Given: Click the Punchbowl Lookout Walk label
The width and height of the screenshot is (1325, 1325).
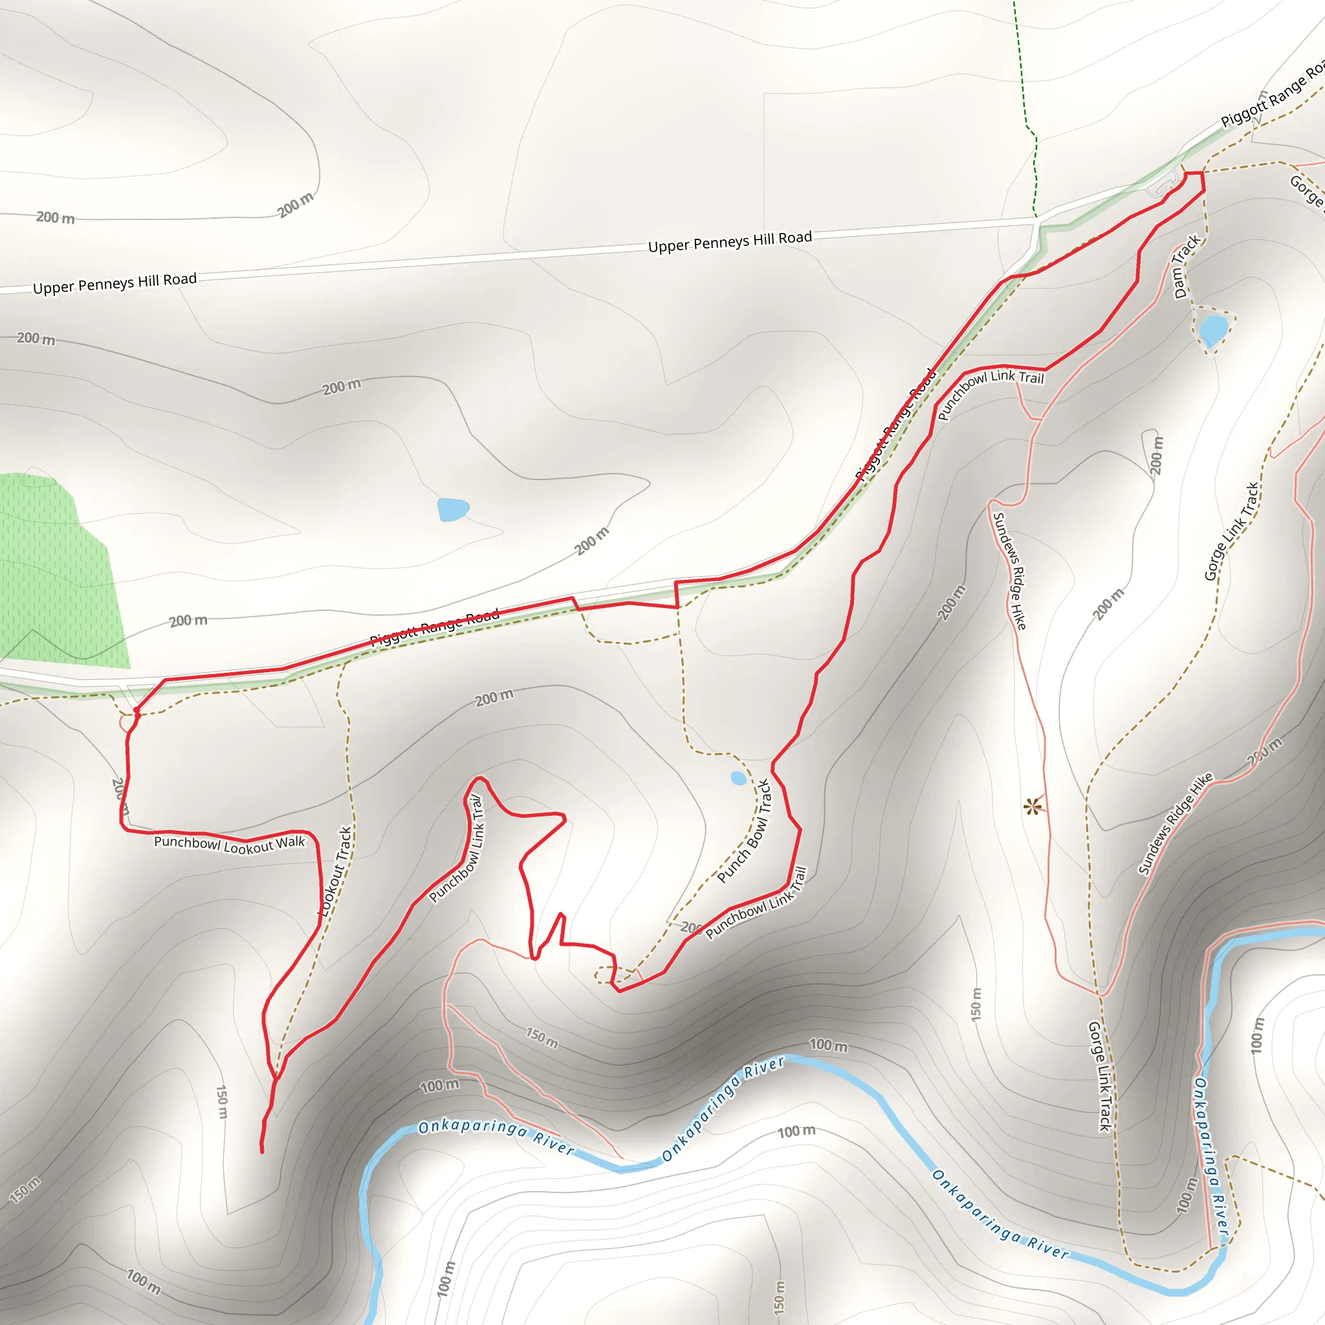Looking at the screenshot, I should tap(229, 844).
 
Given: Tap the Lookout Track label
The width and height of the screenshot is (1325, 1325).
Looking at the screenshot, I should tap(336, 871).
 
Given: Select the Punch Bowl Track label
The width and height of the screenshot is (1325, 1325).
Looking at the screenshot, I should tap(745, 831).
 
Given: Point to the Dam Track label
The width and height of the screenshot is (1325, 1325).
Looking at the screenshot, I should tap(1186, 267).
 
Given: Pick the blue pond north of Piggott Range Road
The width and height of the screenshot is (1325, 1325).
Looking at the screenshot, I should tap(453, 510).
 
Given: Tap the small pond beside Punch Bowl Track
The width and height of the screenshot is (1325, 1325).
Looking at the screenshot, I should tap(738, 778).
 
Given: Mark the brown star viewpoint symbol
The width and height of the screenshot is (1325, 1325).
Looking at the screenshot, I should tap(1032, 807).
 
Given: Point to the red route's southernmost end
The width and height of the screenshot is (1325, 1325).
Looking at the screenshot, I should tap(262, 1152).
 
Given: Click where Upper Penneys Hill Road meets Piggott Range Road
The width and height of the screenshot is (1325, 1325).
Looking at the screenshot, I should tap(1038, 221).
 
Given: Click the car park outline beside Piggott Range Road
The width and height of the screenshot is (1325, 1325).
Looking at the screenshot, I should tap(1166, 184).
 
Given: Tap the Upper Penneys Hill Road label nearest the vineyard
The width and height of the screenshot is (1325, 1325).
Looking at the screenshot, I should tap(115, 283).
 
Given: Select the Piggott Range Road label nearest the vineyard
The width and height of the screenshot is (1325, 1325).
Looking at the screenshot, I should tap(435, 628).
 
